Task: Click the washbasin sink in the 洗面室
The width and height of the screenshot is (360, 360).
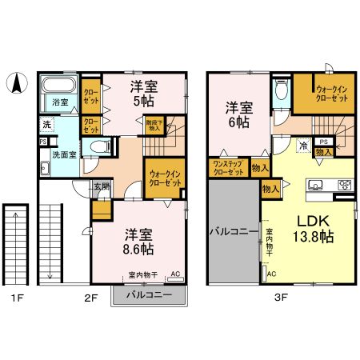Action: (46, 168)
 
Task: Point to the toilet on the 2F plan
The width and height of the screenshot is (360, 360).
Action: (98, 146)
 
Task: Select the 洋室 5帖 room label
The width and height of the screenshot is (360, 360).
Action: (145, 94)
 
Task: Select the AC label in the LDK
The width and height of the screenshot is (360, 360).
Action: (270, 274)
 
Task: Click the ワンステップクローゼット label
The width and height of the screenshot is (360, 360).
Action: (227, 168)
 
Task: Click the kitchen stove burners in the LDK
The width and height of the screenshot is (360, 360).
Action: (345, 185)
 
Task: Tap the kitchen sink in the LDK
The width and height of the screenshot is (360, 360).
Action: (316, 185)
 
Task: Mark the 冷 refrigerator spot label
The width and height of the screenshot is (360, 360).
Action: (305, 146)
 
